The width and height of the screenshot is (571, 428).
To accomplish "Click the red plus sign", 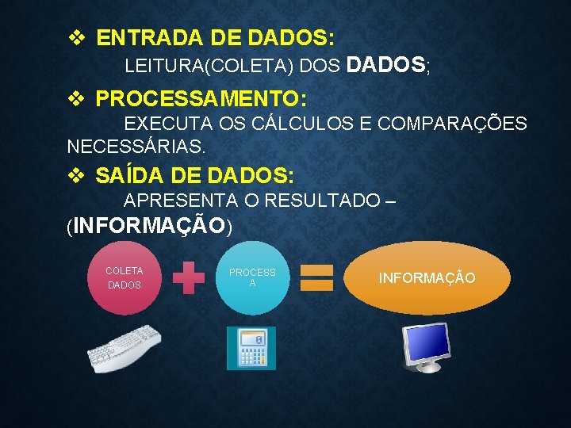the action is (x=188, y=278).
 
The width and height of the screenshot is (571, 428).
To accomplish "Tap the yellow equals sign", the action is (x=316, y=278).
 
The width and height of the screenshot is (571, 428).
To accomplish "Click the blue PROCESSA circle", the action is (x=252, y=277).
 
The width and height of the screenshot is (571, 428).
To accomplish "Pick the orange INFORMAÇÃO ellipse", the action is (x=427, y=278).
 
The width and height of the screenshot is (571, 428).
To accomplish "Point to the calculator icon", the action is (x=251, y=348).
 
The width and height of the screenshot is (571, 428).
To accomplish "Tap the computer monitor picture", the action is (x=427, y=346).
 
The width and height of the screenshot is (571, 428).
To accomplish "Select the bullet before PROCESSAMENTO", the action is (x=76, y=99).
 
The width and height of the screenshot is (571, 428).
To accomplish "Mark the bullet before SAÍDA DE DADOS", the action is (x=76, y=175).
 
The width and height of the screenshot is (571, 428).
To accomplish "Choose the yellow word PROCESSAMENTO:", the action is (x=201, y=99).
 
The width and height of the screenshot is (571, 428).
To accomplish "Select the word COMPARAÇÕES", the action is (x=452, y=124).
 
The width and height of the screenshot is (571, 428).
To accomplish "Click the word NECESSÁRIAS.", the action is (x=136, y=147).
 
